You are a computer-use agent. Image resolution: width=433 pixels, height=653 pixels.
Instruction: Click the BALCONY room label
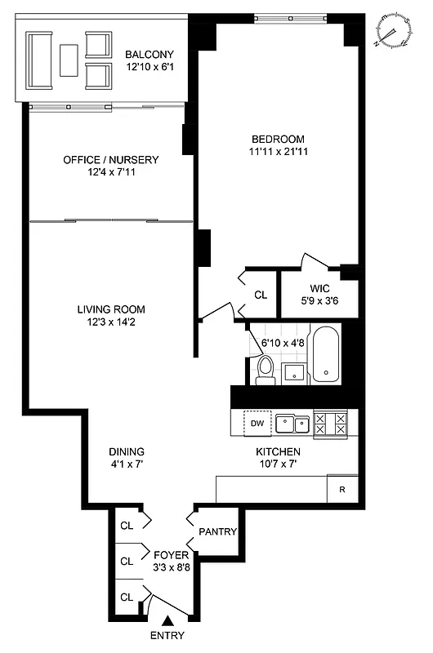(147, 56)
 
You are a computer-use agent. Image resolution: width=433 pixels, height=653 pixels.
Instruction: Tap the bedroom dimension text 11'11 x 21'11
(279, 151)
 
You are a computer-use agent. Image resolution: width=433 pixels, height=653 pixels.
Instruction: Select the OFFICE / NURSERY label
(111, 160)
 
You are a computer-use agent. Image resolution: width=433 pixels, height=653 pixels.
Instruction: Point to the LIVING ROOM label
(111, 309)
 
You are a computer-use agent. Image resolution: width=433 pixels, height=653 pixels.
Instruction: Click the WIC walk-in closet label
(319, 289)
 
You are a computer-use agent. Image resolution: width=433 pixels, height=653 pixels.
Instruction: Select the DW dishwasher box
(257, 423)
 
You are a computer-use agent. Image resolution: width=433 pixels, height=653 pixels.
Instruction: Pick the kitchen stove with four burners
(330, 423)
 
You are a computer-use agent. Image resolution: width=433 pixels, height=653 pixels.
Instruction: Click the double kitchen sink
(291, 423)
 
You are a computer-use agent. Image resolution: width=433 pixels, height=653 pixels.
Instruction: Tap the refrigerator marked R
(341, 490)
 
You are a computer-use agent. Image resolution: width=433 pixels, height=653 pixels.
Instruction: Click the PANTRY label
(217, 532)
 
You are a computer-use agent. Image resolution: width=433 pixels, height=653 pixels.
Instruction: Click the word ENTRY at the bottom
(167, 637)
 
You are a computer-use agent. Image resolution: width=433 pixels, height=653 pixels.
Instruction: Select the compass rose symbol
(393, 32)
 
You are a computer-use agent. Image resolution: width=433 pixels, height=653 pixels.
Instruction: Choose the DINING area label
(127, 451)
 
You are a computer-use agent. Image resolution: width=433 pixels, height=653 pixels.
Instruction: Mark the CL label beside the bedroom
(261, 295)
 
